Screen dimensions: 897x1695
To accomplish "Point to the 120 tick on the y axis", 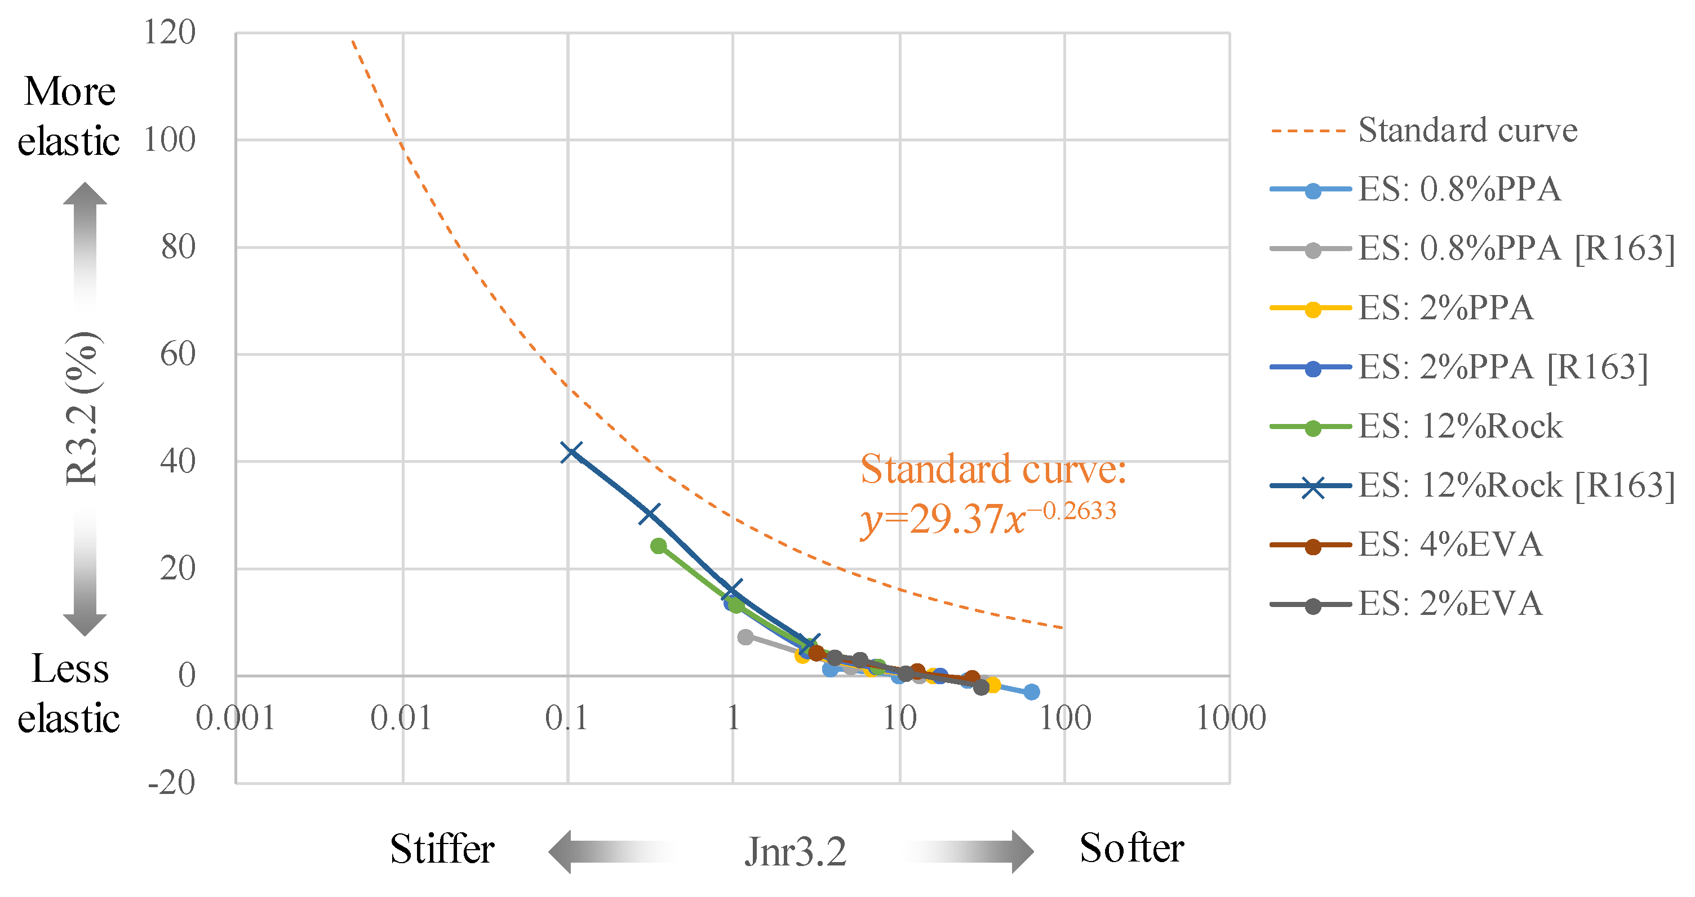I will click(170, 32).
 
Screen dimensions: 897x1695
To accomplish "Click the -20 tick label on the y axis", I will click(172, 783).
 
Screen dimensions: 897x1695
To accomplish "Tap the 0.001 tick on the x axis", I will click(235, 717).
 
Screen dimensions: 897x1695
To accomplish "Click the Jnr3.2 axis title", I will click(795, 851).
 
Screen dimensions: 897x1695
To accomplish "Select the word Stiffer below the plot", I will click(442, 849).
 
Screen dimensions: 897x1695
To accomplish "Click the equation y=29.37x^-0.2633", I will click(988, 518).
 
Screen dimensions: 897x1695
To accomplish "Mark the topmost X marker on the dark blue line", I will click(571, 453).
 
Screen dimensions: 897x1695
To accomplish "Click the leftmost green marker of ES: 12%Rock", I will click(659, 546).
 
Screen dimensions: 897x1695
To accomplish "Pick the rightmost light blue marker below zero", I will click(1032, 692).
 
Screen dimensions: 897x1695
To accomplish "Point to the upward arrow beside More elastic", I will click(85, 243).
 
